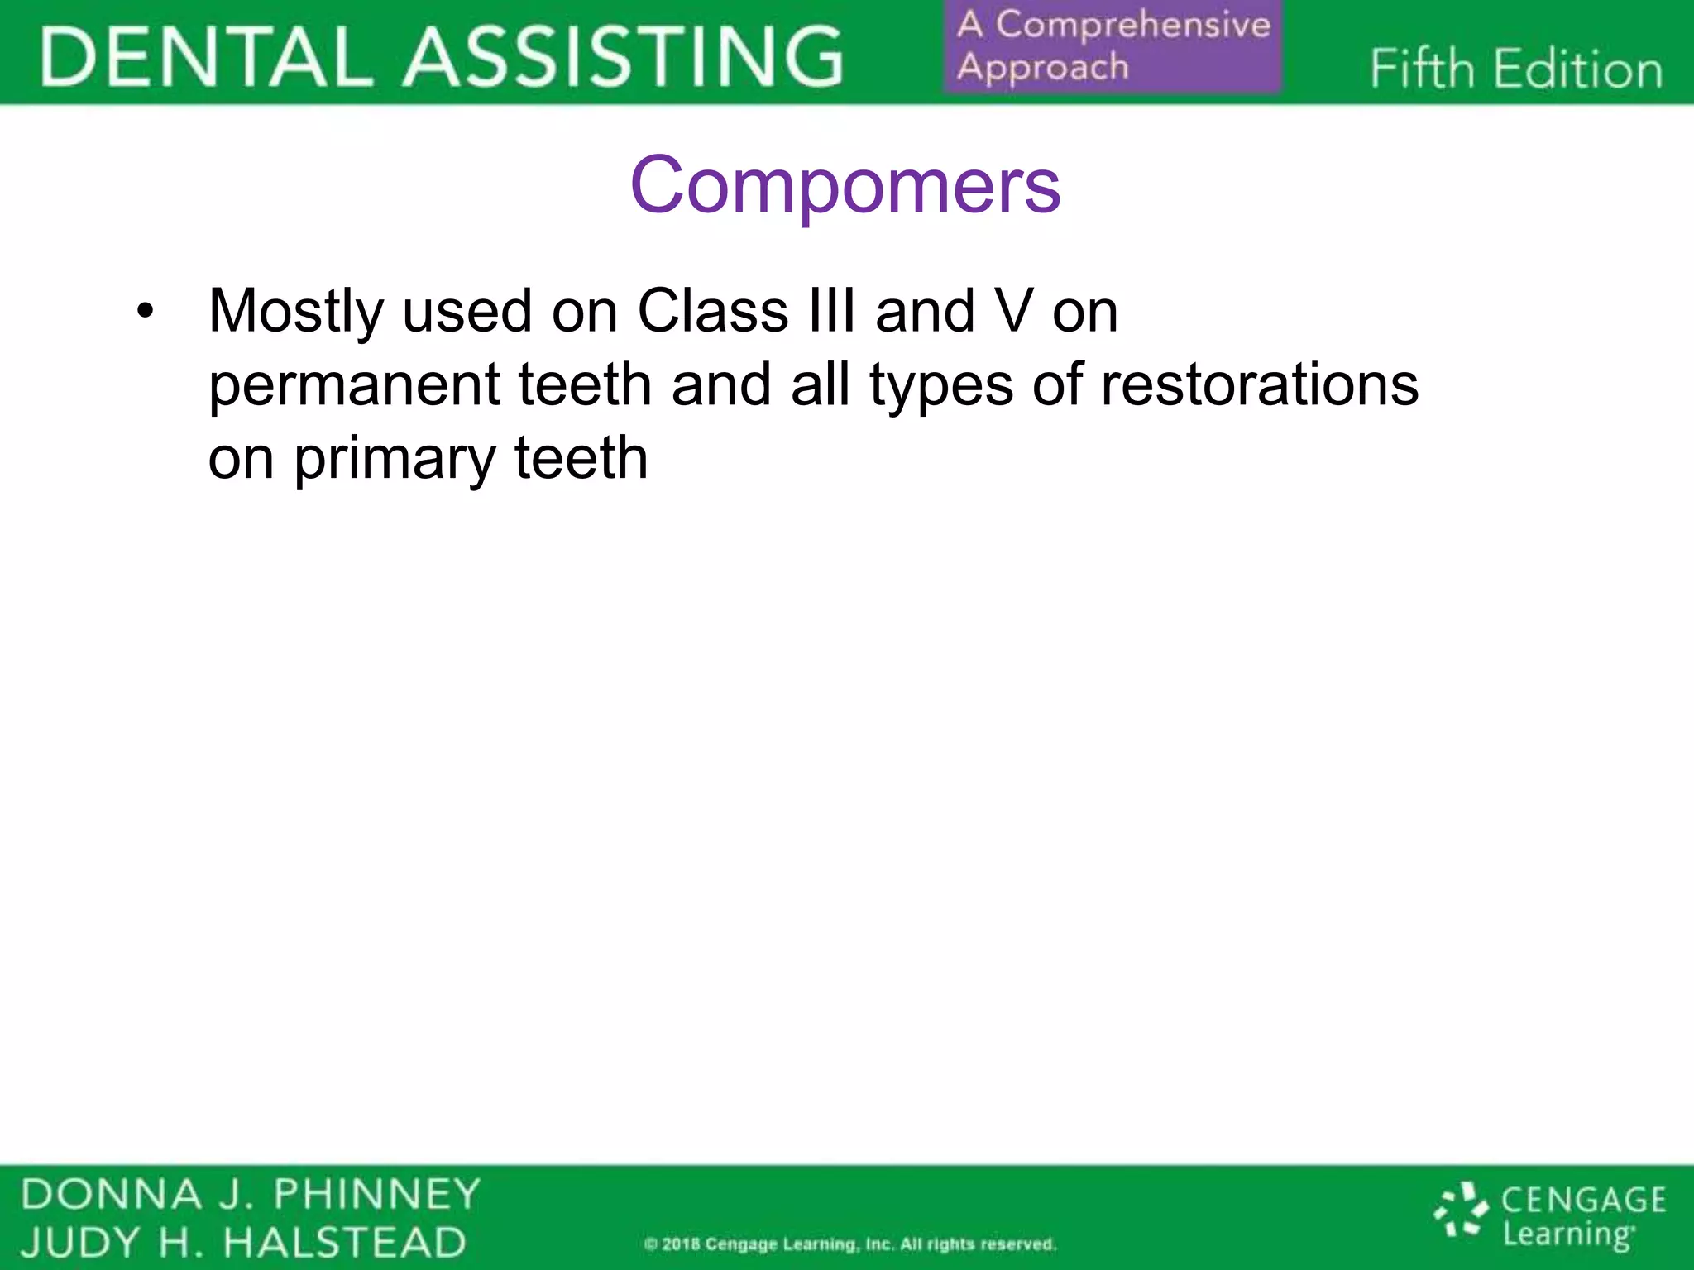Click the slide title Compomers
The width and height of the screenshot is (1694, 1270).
(845, 185)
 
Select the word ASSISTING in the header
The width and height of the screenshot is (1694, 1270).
(624, 56)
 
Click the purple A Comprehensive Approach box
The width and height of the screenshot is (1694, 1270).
(1113, 46)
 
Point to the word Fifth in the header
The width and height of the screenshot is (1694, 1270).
(1422, 69)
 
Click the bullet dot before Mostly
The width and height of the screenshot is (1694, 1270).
(146, 313)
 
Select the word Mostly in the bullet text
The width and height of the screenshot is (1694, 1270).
(295, 313)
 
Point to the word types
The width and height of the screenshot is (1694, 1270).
(940, 386)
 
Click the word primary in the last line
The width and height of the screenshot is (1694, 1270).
(394, 460)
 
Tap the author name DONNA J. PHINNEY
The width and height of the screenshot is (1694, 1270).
(251, 1194)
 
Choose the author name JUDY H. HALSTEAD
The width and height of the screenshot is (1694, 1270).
(243, 1243)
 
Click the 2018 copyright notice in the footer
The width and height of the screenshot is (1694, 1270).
(850, 1244)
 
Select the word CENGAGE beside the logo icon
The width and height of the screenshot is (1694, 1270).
(1583, 1200)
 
